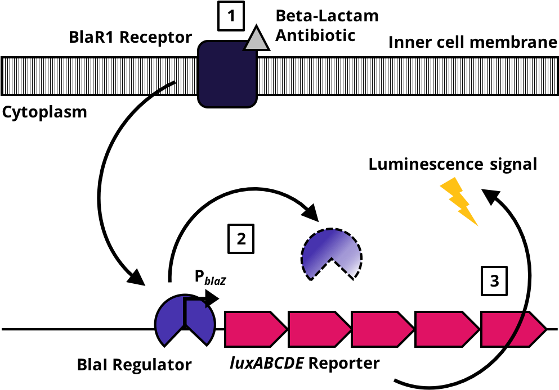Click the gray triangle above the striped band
pos(256,41)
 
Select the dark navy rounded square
pos(227,74)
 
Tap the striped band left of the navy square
pos(84,76)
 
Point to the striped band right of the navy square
pos(405,76)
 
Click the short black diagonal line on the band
pos(164,88)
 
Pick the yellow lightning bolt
pos(459,199)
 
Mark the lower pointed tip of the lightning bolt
pos(477,226)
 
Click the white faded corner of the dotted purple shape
pos(353,264)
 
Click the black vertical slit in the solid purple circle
pos(185,312)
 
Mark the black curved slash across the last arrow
pos(517,329)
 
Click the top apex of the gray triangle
pos(256,29)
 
